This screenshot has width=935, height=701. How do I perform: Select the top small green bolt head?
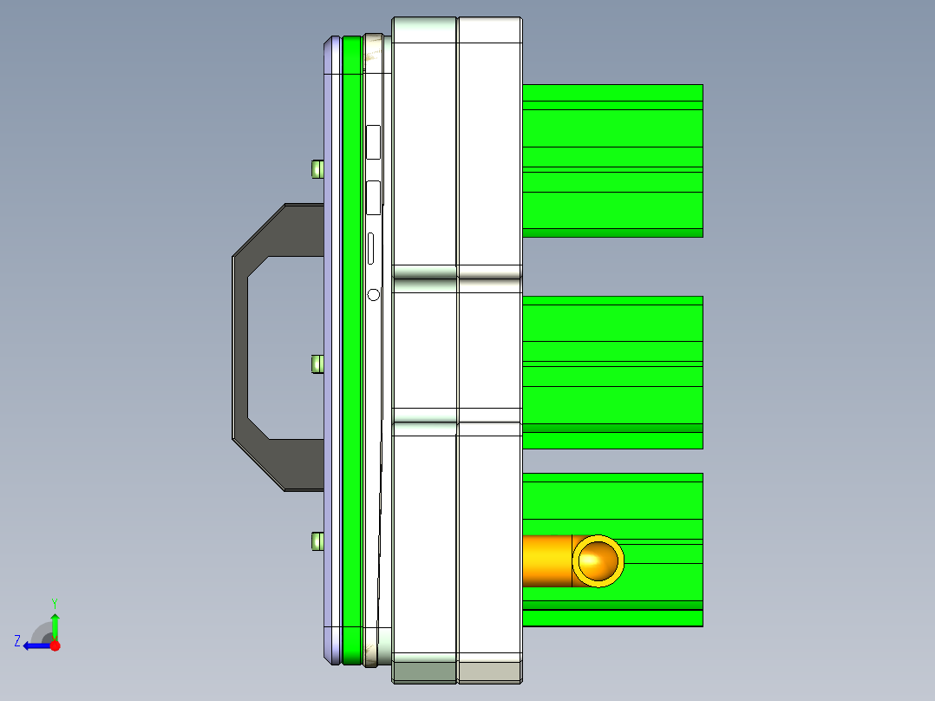pos(317,168)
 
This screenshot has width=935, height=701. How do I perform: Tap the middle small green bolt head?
pos(317,364)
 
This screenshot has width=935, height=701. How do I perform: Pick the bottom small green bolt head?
pos(317,542)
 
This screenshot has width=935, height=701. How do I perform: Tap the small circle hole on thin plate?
pos(374,295)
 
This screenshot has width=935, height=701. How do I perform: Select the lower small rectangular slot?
pos(374,198)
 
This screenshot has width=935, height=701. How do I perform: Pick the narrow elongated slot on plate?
pos(373,249)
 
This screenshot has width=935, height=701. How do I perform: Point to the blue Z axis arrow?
pos(35,645)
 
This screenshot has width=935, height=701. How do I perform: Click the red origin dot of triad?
pos(55,645)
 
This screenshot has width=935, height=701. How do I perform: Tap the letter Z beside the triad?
pos(17,641)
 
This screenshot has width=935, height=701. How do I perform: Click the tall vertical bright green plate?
pos(351,347)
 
